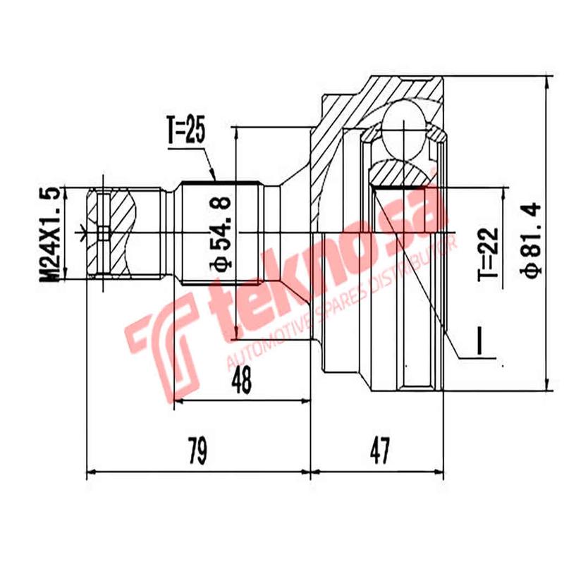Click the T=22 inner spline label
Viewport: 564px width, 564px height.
491,252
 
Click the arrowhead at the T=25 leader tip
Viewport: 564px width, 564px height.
215,179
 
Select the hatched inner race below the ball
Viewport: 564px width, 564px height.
398,171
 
